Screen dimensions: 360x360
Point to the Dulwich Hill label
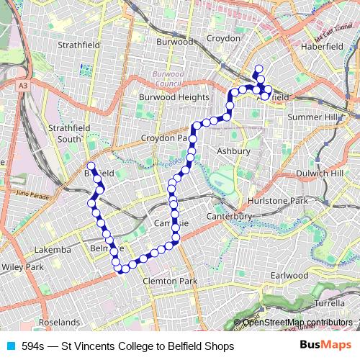(320, 174)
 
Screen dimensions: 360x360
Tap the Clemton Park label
(170, 281)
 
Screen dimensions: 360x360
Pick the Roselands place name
(60, 322)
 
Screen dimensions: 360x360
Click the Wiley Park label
(22, 266)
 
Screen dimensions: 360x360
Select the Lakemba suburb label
(52, 250)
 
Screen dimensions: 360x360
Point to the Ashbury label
(233, 151)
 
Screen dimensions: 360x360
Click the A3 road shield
(23, 85)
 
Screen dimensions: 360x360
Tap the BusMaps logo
(324, 346)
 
